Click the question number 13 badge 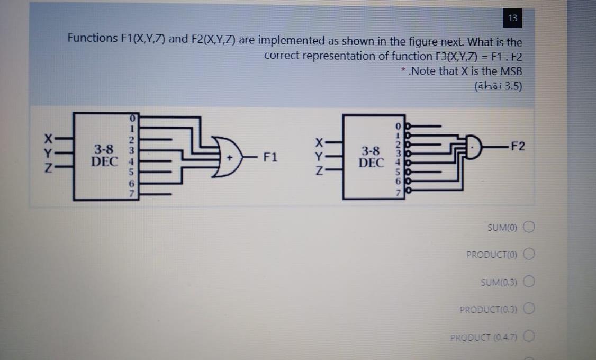pos(512,19)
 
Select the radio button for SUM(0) pos(529,227)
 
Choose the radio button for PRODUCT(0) pos(529,255)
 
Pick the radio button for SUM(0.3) pos(529,281)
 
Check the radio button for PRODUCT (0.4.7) pos(530,336)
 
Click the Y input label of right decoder pos(319,157)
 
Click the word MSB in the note pos(511,71)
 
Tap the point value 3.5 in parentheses pos(513,86)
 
